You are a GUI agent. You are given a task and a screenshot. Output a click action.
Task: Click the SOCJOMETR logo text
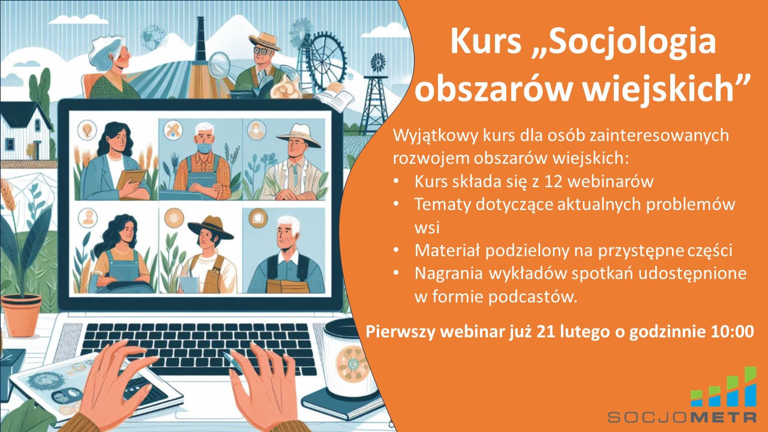[682, 416]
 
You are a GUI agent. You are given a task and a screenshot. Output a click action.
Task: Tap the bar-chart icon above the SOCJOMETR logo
[724, 388]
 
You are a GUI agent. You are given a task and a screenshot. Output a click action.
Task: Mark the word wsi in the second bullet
[425, 227]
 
